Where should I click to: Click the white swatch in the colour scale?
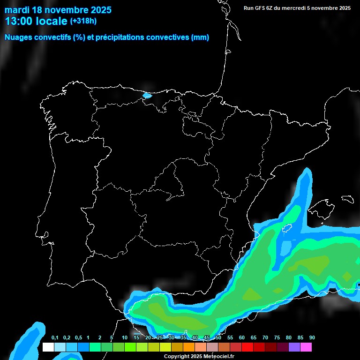click(48, 347)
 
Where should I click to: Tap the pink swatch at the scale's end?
click(306, 347)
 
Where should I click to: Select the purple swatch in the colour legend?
click(294, 347)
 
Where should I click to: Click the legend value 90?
click(312, 338)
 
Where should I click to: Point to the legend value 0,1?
click(54, 338)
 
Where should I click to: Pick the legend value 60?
click(241, 338)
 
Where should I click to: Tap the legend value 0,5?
click(78, 338)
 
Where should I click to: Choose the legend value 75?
click(277, 338)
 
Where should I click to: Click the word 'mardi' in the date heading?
click(17, 9)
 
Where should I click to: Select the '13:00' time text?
click(19, 21)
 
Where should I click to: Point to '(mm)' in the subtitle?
click(200, 37)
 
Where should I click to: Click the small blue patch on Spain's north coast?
click(147, 96)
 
